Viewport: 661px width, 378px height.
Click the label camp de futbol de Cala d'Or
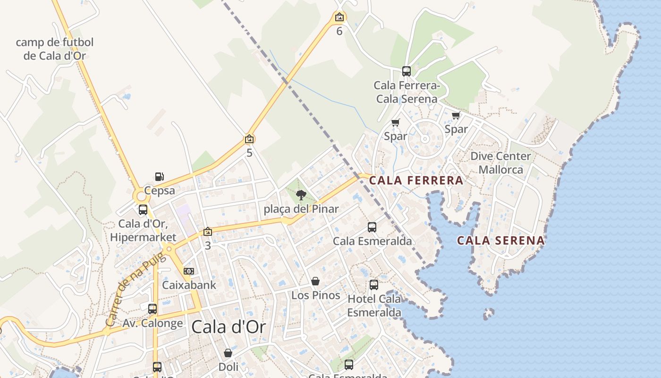(x=55, y=49)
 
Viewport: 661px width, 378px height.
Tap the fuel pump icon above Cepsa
(x=160, y=177)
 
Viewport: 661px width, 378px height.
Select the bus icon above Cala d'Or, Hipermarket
(x=143, y=210)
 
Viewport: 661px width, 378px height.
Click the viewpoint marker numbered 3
(x=207, y=232)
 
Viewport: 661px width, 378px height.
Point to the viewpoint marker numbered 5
(x=249, y=139)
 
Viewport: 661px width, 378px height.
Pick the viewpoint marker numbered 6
(x=339, y=17)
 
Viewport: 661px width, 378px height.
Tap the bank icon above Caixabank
(x=188, y=271)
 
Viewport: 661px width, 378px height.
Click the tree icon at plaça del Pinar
(x=301, y=195)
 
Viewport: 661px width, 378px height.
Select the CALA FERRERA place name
(x=416, y=180)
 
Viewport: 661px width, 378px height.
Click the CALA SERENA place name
(x=500, y=241)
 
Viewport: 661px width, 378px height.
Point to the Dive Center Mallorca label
(x=500, y=163)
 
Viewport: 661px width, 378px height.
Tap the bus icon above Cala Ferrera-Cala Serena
(x=406, y=71)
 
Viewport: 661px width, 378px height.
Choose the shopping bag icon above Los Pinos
(x=315, y=281)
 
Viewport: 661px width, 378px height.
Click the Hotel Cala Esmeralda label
(x=374, y=305)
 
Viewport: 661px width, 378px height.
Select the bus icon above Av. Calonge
(x=152, y=309)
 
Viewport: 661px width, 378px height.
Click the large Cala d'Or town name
(x=228, y=327)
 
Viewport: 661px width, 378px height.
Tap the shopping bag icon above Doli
(x=228, y=353)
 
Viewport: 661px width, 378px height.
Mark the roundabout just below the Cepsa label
(x=141, y=196)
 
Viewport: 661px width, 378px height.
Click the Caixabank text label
(x=189, y=285)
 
